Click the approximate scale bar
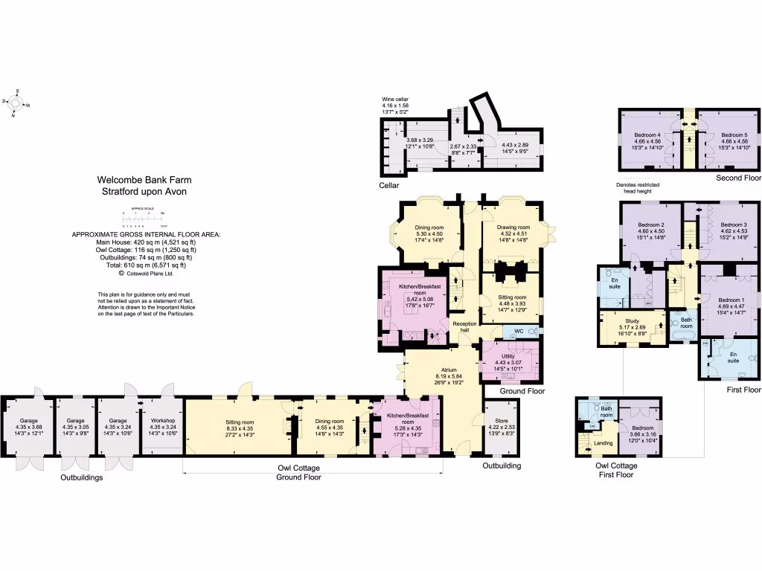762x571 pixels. point(144,218)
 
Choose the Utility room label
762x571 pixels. point(508,356)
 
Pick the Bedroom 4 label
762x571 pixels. point(649,135)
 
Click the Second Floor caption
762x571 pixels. point(738,179)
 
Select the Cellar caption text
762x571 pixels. point(390,185)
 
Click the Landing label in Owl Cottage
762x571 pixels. point(603,443)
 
